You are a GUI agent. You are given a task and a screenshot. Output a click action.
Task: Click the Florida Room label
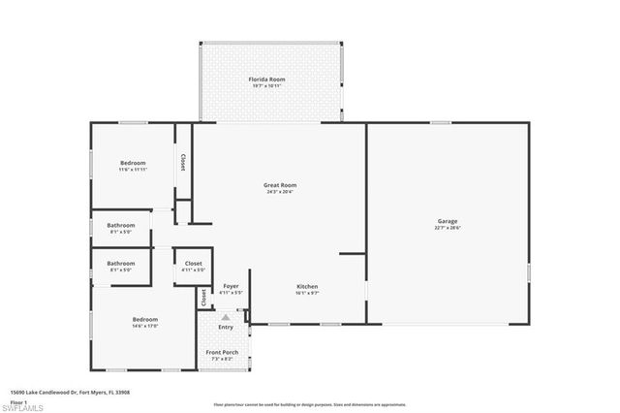[x=270, y=79]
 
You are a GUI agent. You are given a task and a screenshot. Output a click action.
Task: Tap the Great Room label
[x=280, y=184]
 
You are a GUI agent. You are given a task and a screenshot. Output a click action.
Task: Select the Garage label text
[x=447, y=221]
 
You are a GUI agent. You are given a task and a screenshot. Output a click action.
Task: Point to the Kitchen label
[x=307, y=286]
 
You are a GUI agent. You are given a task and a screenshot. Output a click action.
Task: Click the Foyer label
[x=231, y=286]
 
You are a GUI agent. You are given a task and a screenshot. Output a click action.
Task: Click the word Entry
[x=226, y=327]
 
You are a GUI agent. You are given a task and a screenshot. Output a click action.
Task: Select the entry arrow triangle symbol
[x=226, y=317]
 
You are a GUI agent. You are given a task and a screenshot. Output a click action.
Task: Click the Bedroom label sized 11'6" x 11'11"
[x=133, y=162]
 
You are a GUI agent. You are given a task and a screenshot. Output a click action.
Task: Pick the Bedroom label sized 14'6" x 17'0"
[x=145, y=319]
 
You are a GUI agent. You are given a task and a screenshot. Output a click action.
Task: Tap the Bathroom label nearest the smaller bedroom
[x=121, y=226]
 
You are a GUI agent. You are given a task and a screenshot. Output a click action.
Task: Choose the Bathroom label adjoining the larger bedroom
[x=121, y=263]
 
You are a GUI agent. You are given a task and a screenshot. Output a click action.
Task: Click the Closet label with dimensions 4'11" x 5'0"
[x=193, y=263]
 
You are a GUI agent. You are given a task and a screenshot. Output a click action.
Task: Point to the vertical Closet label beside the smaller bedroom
[x=182, y=162]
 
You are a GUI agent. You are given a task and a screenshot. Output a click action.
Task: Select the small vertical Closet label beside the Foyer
[x=203, y=298]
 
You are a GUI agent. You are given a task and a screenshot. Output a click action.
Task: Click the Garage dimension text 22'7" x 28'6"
[x=447, y=228]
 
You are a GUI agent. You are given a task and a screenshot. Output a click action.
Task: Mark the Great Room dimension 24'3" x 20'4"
[x=280, y=191]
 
